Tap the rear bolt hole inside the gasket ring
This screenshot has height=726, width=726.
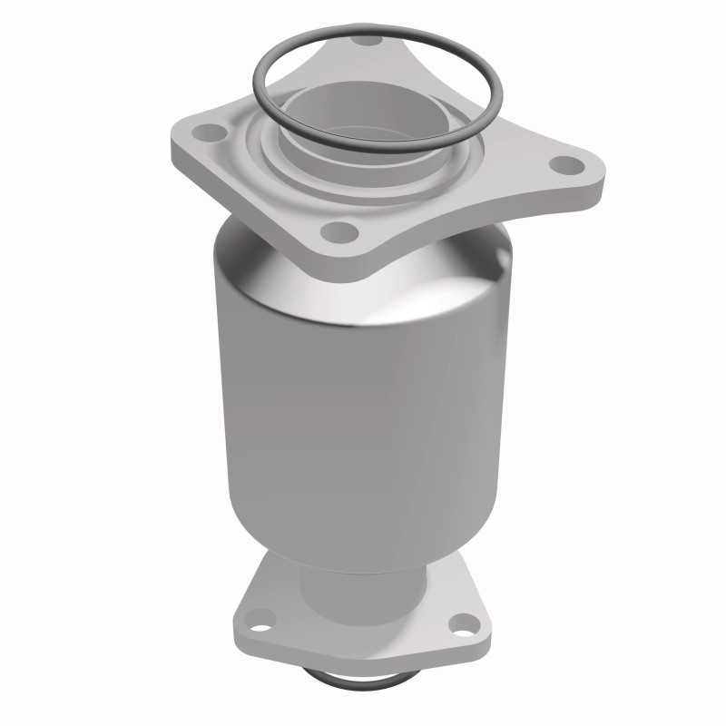click(367, 41)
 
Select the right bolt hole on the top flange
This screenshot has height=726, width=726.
click(567, 165)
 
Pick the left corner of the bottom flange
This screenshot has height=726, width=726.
click(238, 626)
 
